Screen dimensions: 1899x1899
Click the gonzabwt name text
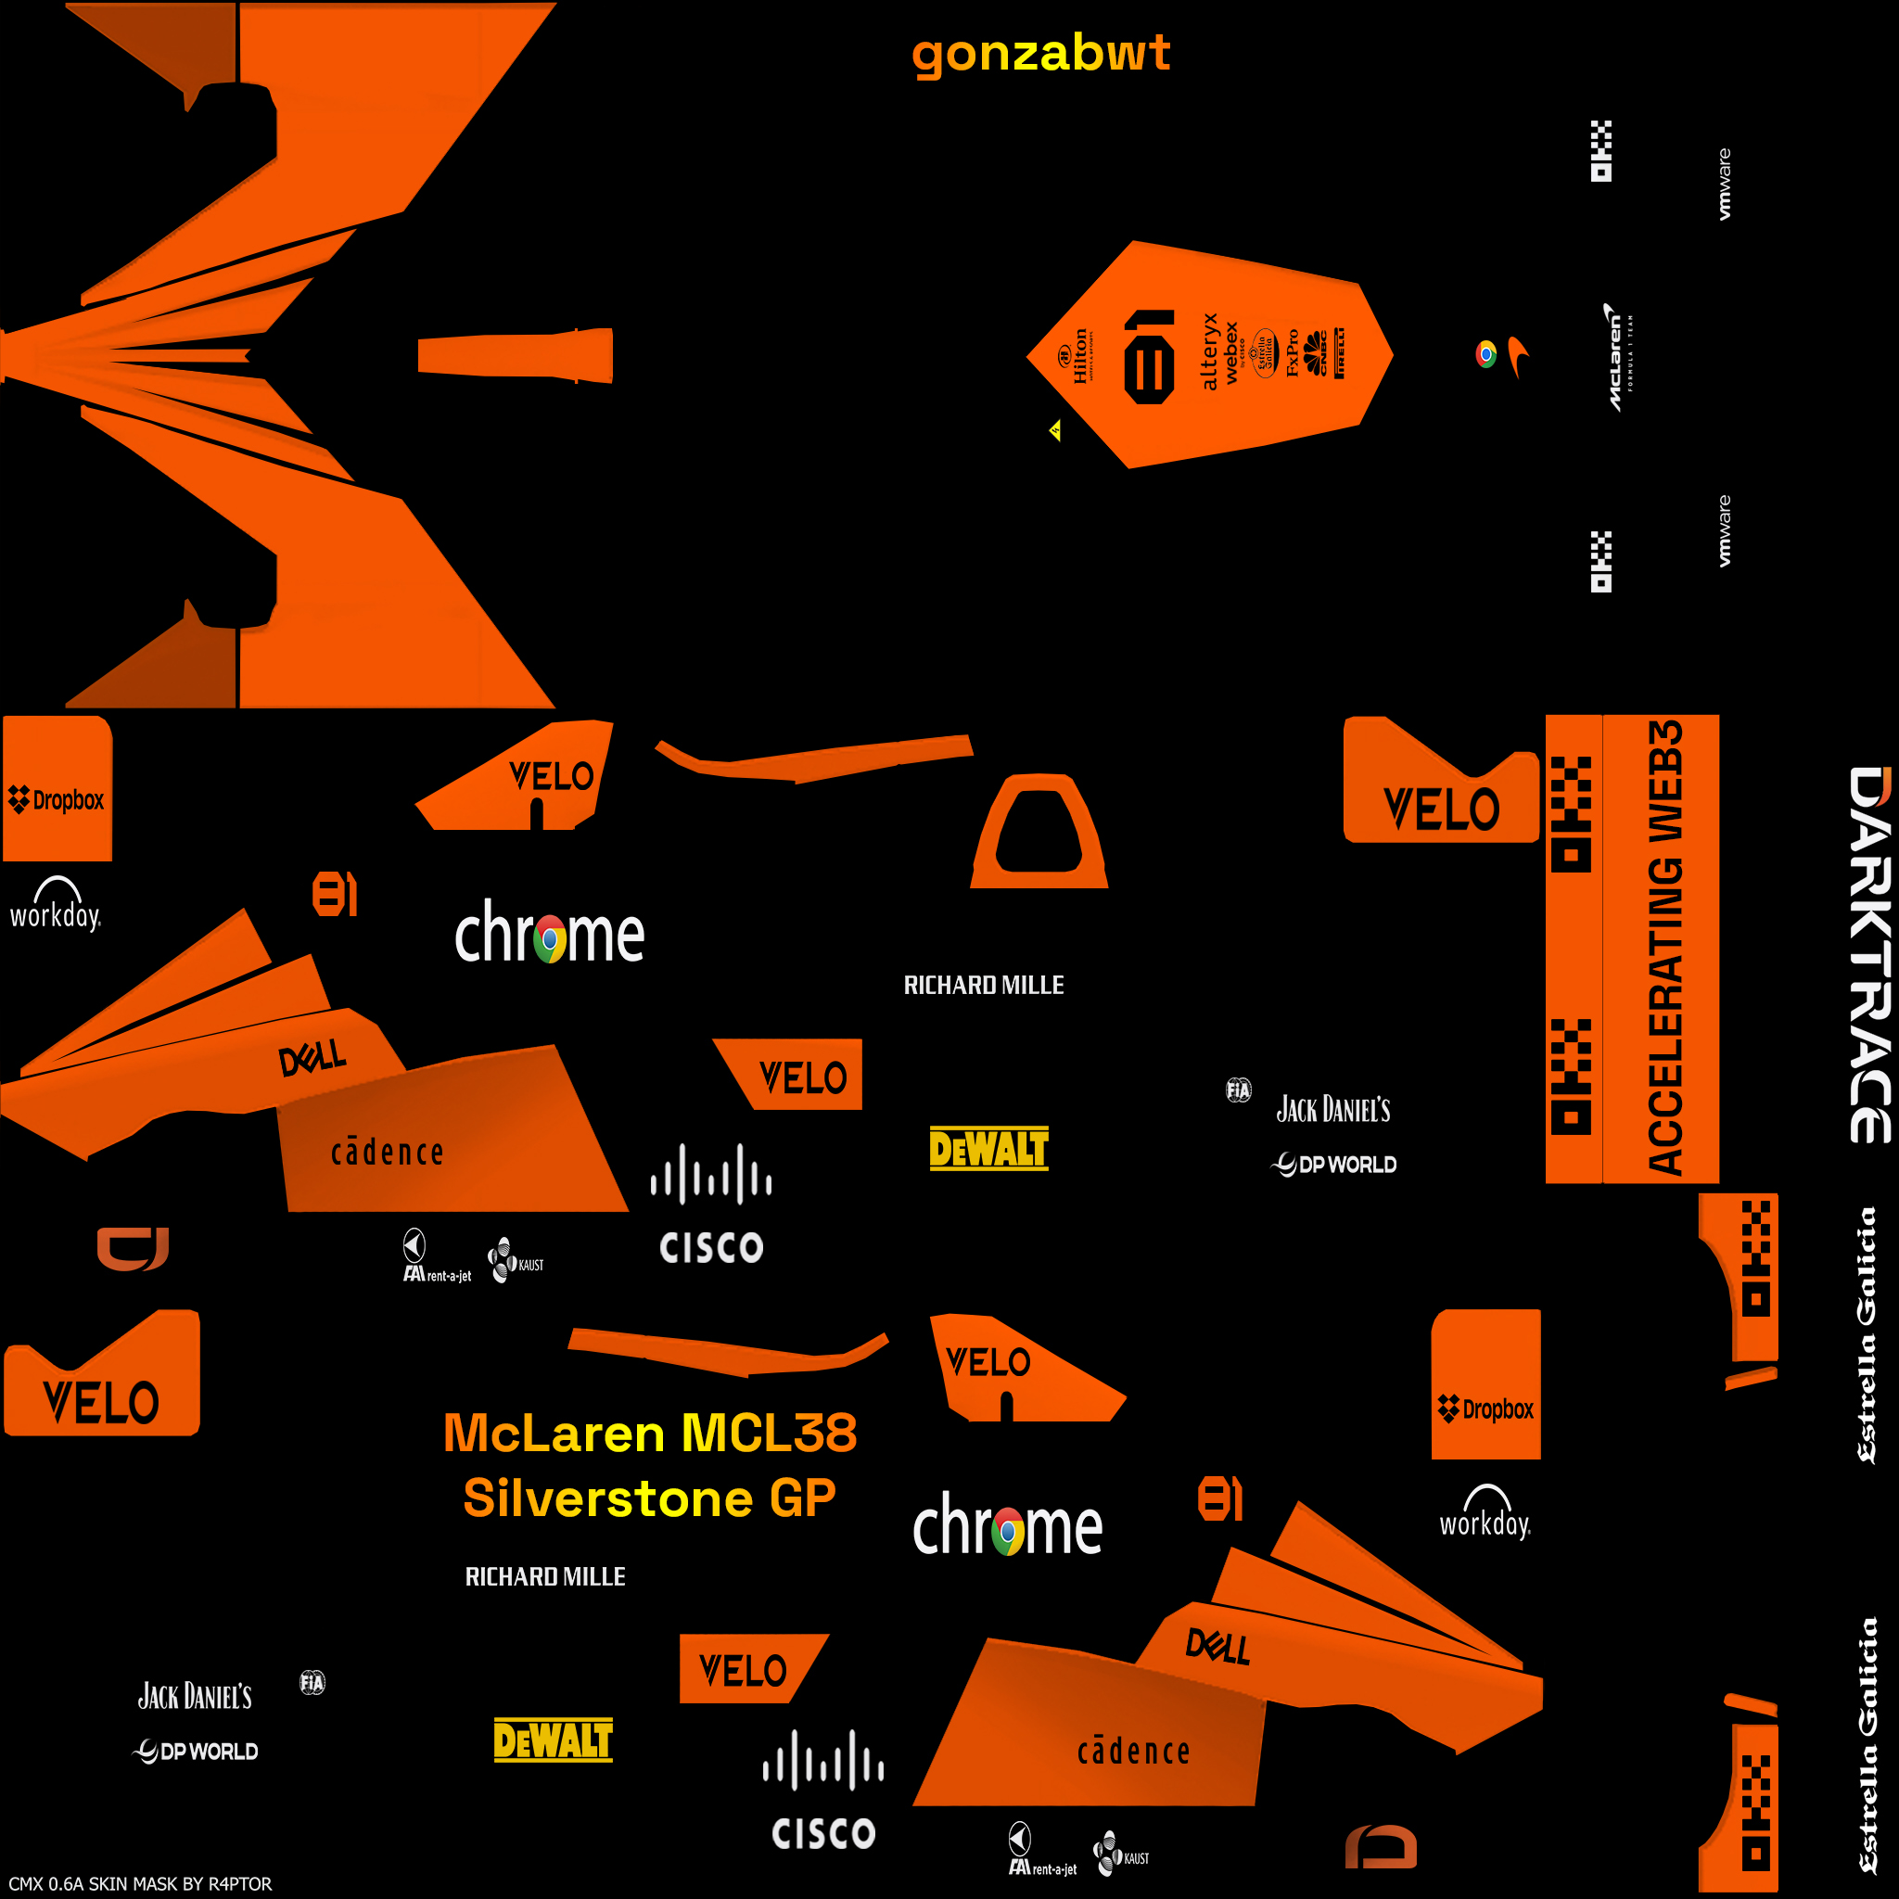(1040, 54)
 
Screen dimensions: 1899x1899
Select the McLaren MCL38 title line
(650, 1434)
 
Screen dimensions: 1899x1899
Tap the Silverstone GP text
(649, 1498)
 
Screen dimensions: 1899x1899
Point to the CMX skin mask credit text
(140, 1883)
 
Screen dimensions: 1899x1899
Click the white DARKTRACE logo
(1868, 953)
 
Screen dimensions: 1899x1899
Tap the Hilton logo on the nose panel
(1077, 356)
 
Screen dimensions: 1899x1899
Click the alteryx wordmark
(1209, 351)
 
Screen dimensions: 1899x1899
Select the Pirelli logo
(1340, 354)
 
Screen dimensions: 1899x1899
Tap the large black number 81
(1148, 357)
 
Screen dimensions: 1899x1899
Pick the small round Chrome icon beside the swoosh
(1485, 354)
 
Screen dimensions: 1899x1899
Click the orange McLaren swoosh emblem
(1519, 356)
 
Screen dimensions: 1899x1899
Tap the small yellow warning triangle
(1054, 430)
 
